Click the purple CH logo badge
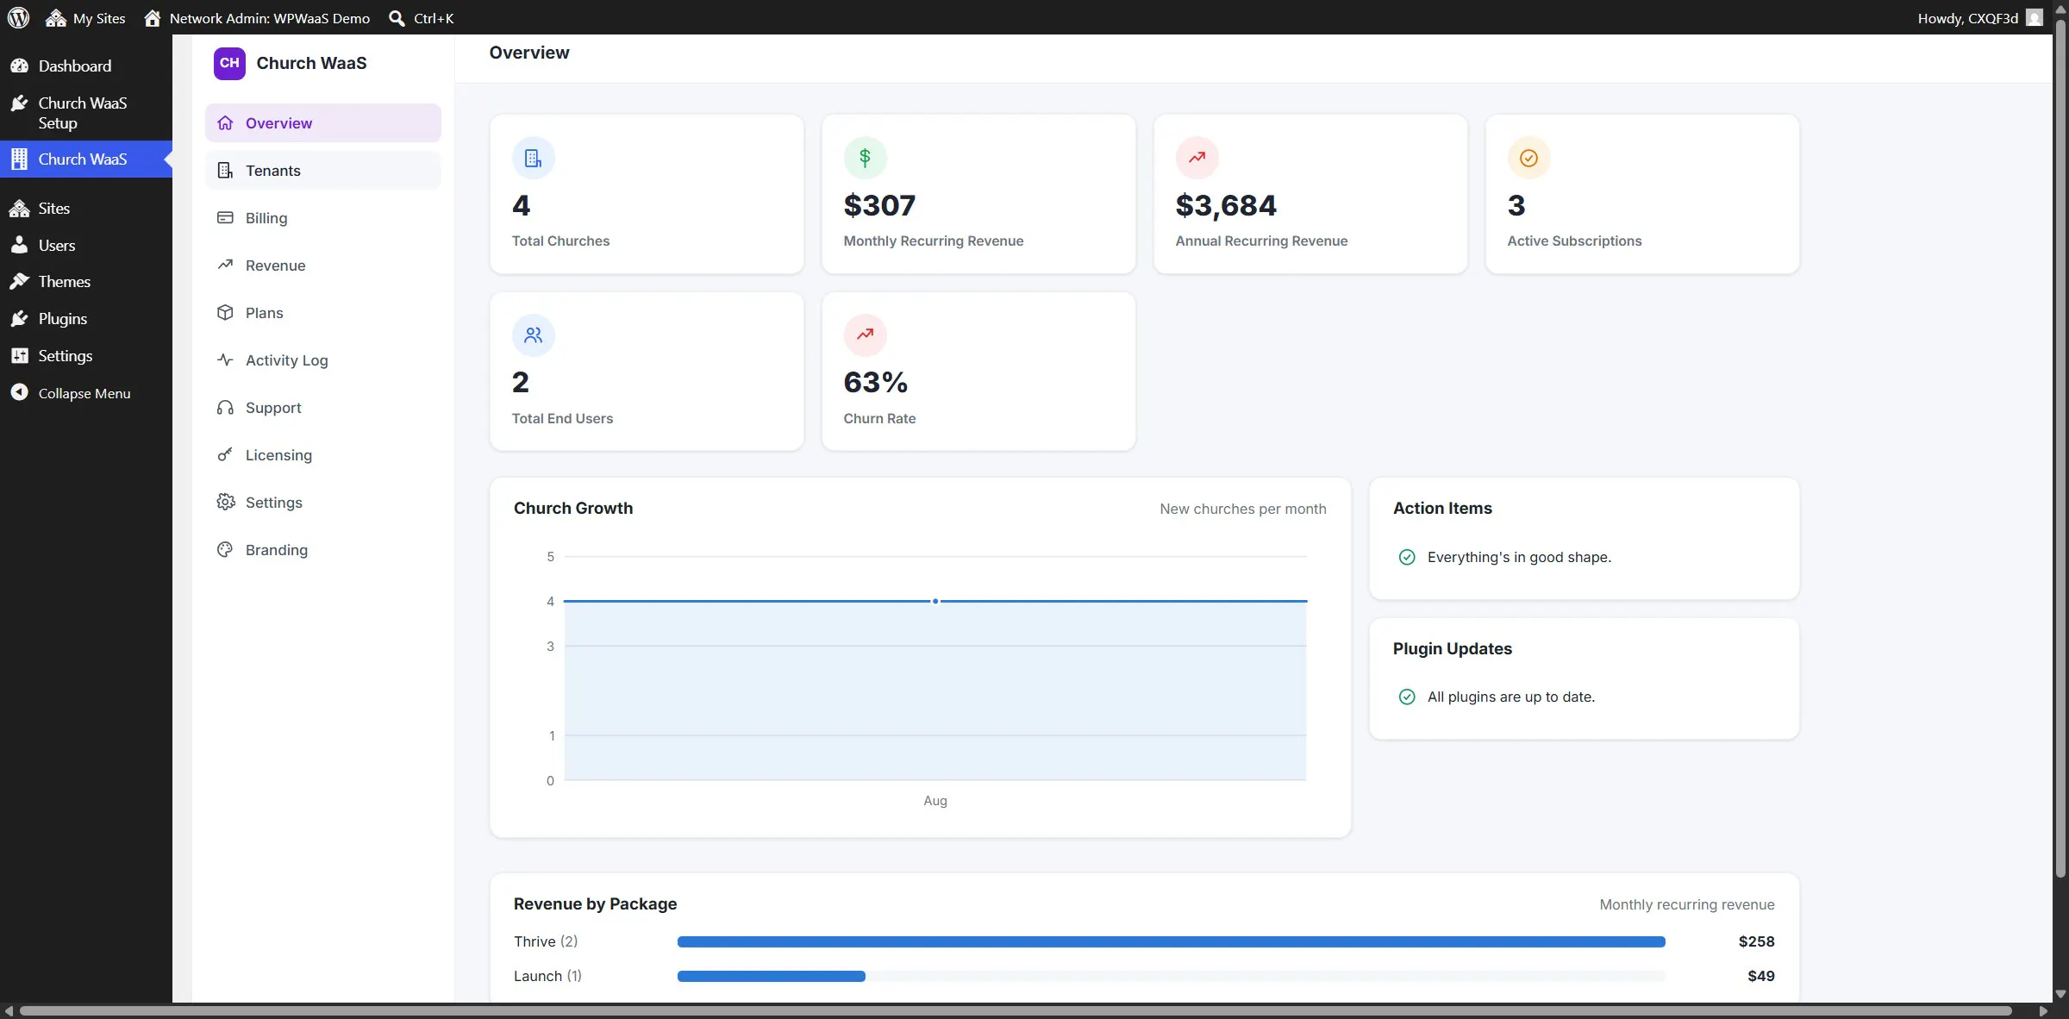coord(229,63)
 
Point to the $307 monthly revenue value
coord(879,205)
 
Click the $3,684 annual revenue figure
coord(1225,205)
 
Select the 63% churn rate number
coord(875,382)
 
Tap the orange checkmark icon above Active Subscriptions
coord(1528,158)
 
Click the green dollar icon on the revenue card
coord(865,158)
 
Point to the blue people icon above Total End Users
coord(533,335)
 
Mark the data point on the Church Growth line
coord(935,601)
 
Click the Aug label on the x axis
coord(935,801)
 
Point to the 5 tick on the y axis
coord(550,557)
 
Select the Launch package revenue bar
coord(772,976)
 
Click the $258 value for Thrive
coord(1756,941)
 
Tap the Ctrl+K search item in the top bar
coord(422,18)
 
